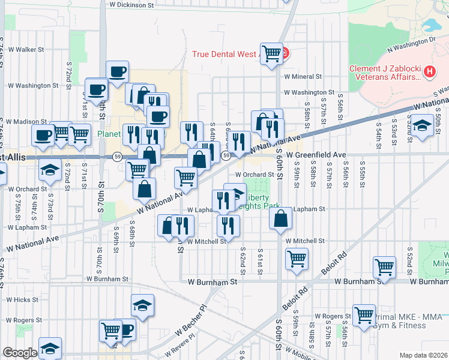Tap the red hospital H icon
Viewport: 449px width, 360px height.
(x=429, y=72)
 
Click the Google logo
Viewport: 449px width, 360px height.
(x=19, y=353)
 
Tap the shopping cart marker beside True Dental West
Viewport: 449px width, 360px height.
(x=271, y=53)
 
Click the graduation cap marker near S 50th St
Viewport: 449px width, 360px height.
(x=423, y=127)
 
